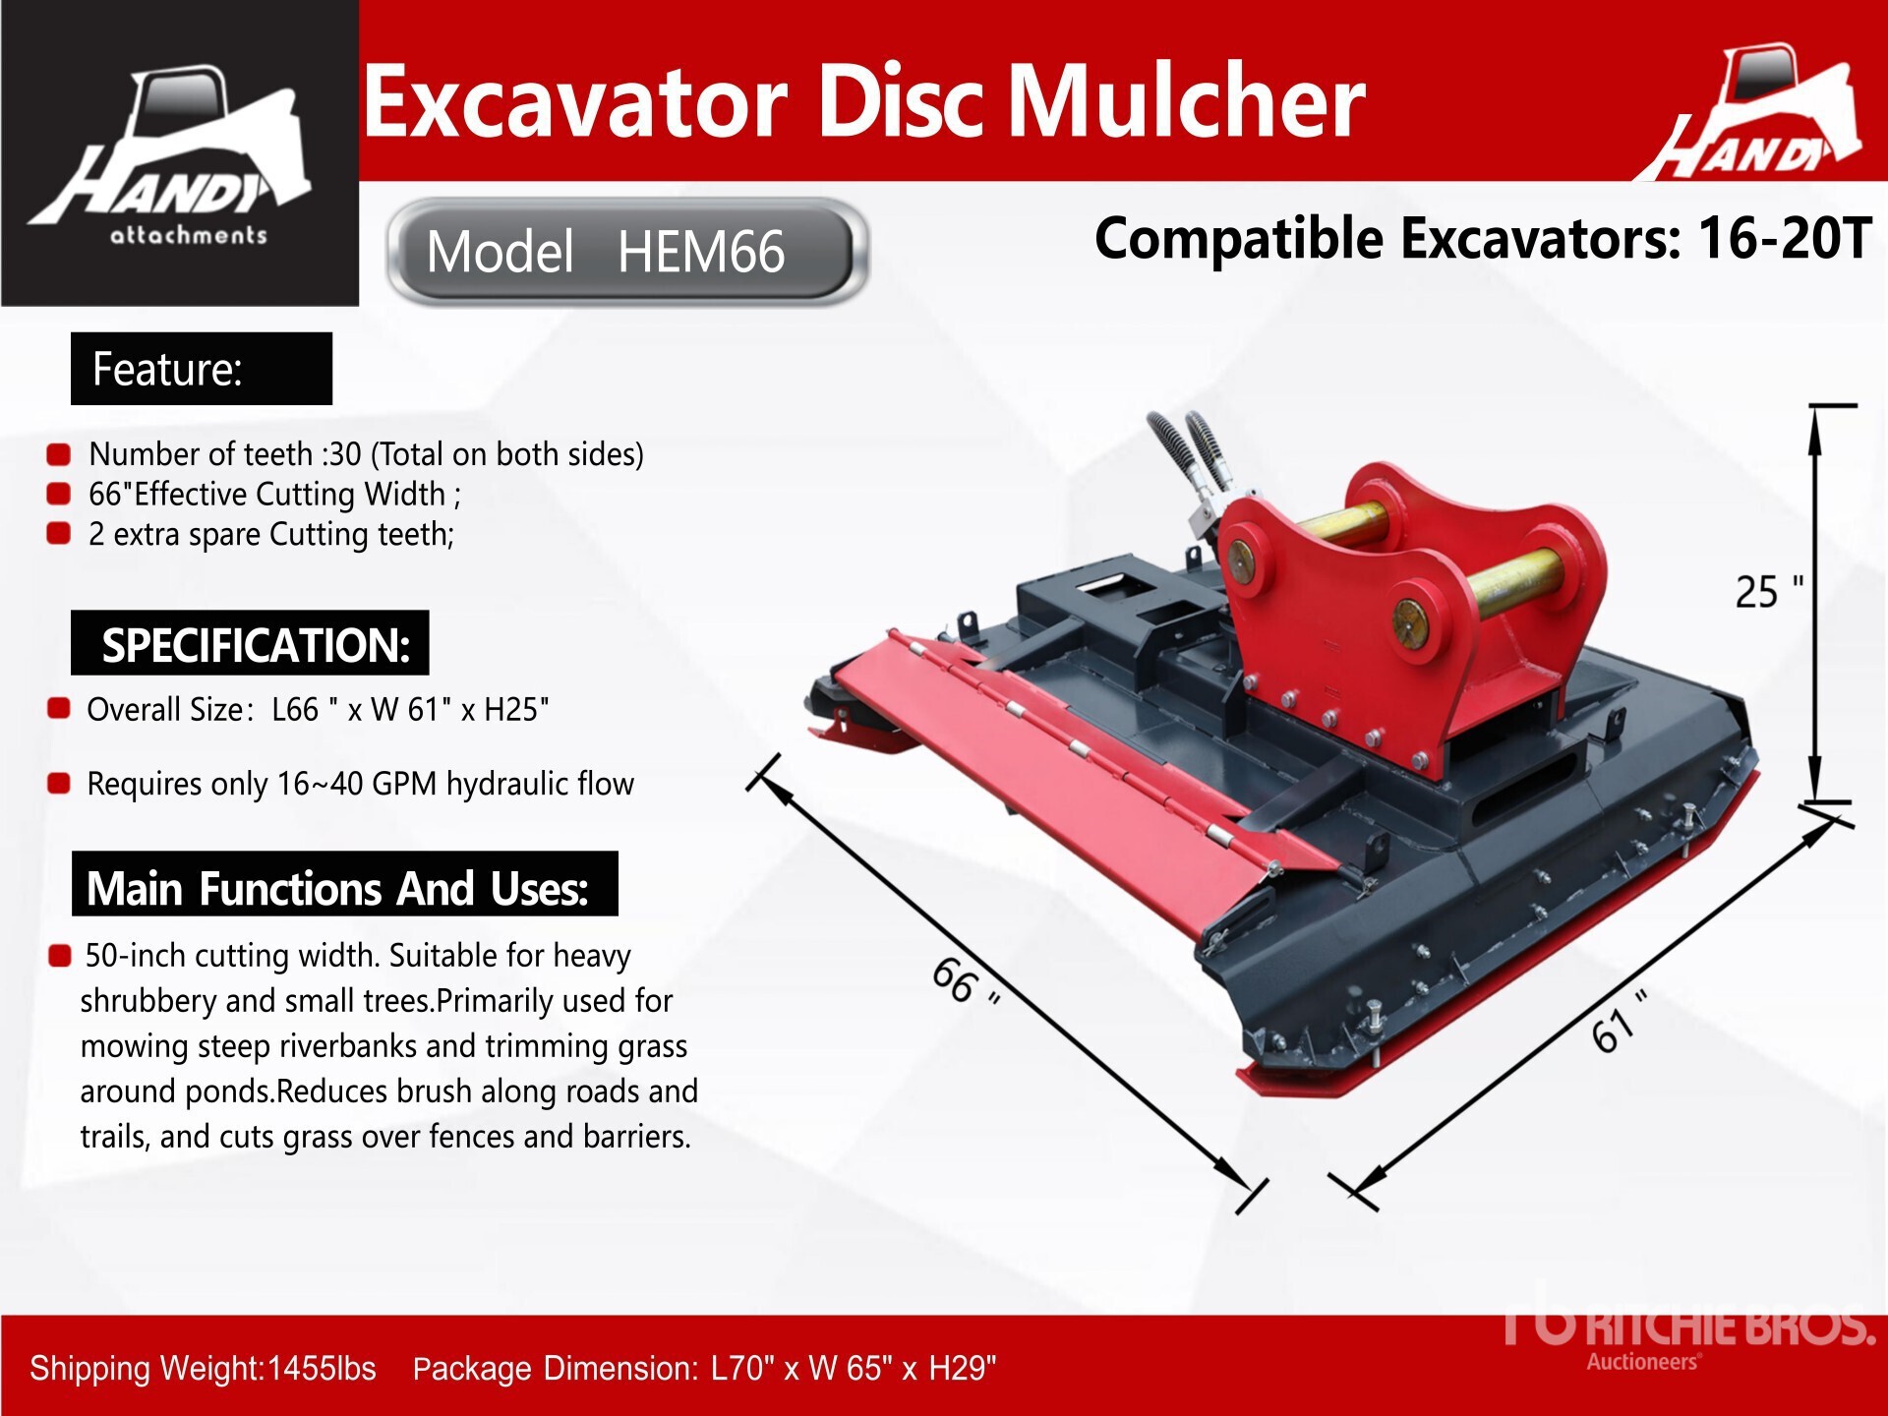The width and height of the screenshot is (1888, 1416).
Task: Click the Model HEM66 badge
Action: [627, 252]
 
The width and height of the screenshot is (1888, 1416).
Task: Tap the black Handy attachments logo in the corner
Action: [180, 153]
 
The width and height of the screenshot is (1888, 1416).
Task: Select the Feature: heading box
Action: [202, 369]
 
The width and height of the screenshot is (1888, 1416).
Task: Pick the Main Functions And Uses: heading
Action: [345, 884]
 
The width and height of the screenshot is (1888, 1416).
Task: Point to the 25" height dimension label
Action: [1768, 592]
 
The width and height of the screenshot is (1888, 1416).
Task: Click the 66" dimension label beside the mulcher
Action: [967, 981]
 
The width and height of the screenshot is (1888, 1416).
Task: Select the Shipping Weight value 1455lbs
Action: [322, 1368]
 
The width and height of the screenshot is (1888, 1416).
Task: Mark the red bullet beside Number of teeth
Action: [59, 454]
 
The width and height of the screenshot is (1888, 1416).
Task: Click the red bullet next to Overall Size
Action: [59, 709]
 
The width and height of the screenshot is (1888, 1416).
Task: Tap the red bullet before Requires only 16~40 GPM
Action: [59, 784]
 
